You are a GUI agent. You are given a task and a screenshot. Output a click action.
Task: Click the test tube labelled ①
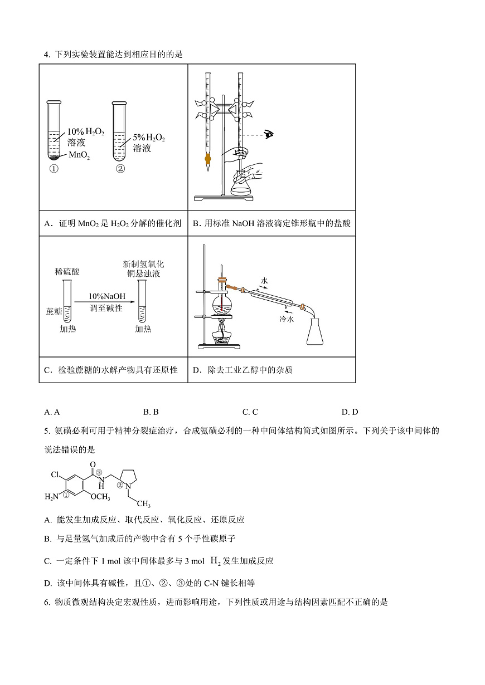54,131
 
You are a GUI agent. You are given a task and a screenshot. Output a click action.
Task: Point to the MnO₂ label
79,155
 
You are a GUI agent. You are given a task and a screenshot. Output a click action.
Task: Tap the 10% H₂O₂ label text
85,132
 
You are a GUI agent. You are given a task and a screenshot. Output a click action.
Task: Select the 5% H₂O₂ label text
149,138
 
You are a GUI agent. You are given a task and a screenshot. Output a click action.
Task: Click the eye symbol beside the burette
270,134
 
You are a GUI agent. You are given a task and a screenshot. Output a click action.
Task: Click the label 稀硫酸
67,272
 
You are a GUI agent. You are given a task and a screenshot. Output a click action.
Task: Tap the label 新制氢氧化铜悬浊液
143,268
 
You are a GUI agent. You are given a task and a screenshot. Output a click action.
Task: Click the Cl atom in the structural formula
55,475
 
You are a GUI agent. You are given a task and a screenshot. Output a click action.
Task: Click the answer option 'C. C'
250,412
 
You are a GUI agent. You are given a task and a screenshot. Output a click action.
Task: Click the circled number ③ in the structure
99,473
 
